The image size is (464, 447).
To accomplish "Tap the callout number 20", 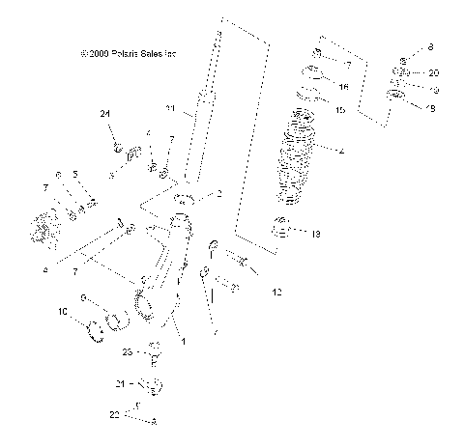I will (433, 73).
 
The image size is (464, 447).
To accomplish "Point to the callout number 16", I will (343, 86).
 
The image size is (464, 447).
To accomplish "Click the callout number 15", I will (339, 111).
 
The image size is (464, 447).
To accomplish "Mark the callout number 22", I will (113, 413).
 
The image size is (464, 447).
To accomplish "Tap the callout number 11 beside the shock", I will (170, 107).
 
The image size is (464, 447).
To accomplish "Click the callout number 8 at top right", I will (431, 47).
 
